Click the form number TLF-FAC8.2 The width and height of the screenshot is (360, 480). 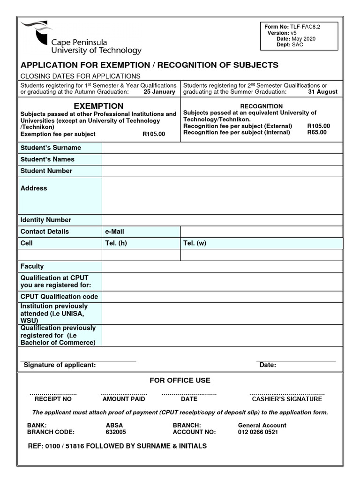tap(305, 27)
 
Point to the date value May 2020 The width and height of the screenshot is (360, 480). tap(304, 39)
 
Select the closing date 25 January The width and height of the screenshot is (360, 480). tap(159, 92)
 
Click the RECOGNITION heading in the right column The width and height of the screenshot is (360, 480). tap(261, 106)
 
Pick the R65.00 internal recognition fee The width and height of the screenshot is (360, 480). tap(317, 133)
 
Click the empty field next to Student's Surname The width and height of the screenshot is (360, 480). tap(222, 148)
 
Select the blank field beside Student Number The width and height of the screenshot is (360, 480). tap(222, 171)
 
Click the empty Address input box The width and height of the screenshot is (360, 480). tap(222, 195)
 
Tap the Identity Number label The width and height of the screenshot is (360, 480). tap(46, 220)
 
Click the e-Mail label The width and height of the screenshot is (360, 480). tap(114, 232)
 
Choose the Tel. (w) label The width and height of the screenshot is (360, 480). tap(195, 243)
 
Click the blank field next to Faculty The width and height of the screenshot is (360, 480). tap(222, 266)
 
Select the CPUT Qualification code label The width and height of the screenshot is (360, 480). tap(59, 297)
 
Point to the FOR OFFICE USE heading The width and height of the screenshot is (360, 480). tap(180, 380)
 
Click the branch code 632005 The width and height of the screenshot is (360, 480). tap(116, 432)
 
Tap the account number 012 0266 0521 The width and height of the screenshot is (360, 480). tap(258, 432)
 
